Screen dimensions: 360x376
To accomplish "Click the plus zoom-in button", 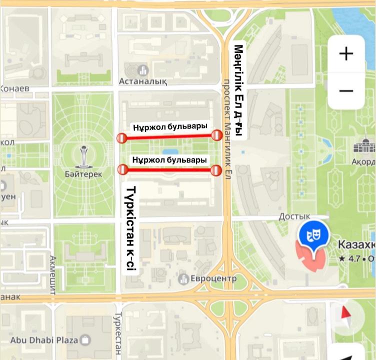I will click(x=346, y=53).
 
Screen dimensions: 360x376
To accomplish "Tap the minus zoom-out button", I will click(x=346, y=91).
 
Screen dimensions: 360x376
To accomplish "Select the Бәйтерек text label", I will click(x=83, y=174).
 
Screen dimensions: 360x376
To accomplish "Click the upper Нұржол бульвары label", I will click(x=170, y=127).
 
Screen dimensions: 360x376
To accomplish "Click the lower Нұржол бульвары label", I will click(x=169, y=160).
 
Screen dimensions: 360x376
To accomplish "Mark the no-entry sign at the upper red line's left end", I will click(x=121, y=138).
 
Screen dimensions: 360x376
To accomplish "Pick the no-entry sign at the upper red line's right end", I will click(x=216, y=135).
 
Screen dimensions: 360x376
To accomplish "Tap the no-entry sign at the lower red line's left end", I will click(x=122, y=170).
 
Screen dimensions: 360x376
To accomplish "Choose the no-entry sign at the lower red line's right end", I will click(x=216, y=170).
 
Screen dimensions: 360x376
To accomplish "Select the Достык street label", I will click(x=294, y=215).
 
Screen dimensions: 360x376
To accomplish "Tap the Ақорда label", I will click(x=363, y=161).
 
